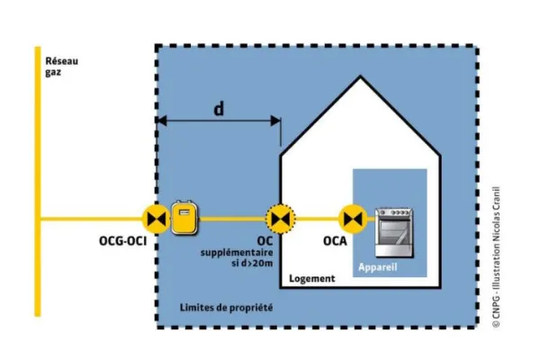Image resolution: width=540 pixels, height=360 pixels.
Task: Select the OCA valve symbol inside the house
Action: coord(351,218)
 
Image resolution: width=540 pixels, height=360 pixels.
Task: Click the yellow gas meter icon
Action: coord(184,217)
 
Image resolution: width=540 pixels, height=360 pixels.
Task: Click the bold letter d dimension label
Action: coord(219,109)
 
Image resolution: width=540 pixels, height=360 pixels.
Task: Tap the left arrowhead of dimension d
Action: coord(161,121)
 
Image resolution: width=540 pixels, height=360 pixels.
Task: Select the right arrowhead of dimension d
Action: coord(276,121)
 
